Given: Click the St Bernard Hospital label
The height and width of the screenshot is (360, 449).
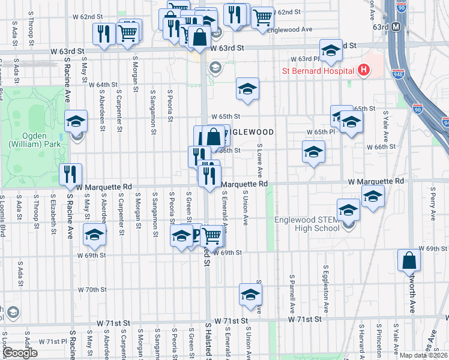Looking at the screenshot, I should coord(318,71).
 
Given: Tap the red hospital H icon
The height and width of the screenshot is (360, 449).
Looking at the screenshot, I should coord(363,70).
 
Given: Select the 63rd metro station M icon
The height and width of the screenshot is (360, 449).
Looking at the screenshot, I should coord(396,27).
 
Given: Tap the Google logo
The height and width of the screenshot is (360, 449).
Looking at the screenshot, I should coord(20,352).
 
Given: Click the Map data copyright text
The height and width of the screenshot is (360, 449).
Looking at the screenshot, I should coord(424,355).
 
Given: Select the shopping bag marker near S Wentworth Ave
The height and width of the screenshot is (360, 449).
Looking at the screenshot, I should coord(409,261).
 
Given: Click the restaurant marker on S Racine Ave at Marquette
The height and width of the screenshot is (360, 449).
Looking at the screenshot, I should coord(71,175).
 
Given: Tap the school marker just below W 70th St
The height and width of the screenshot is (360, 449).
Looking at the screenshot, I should coord(250,294).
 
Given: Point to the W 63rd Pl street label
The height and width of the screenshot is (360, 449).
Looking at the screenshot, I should coord(303,59).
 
